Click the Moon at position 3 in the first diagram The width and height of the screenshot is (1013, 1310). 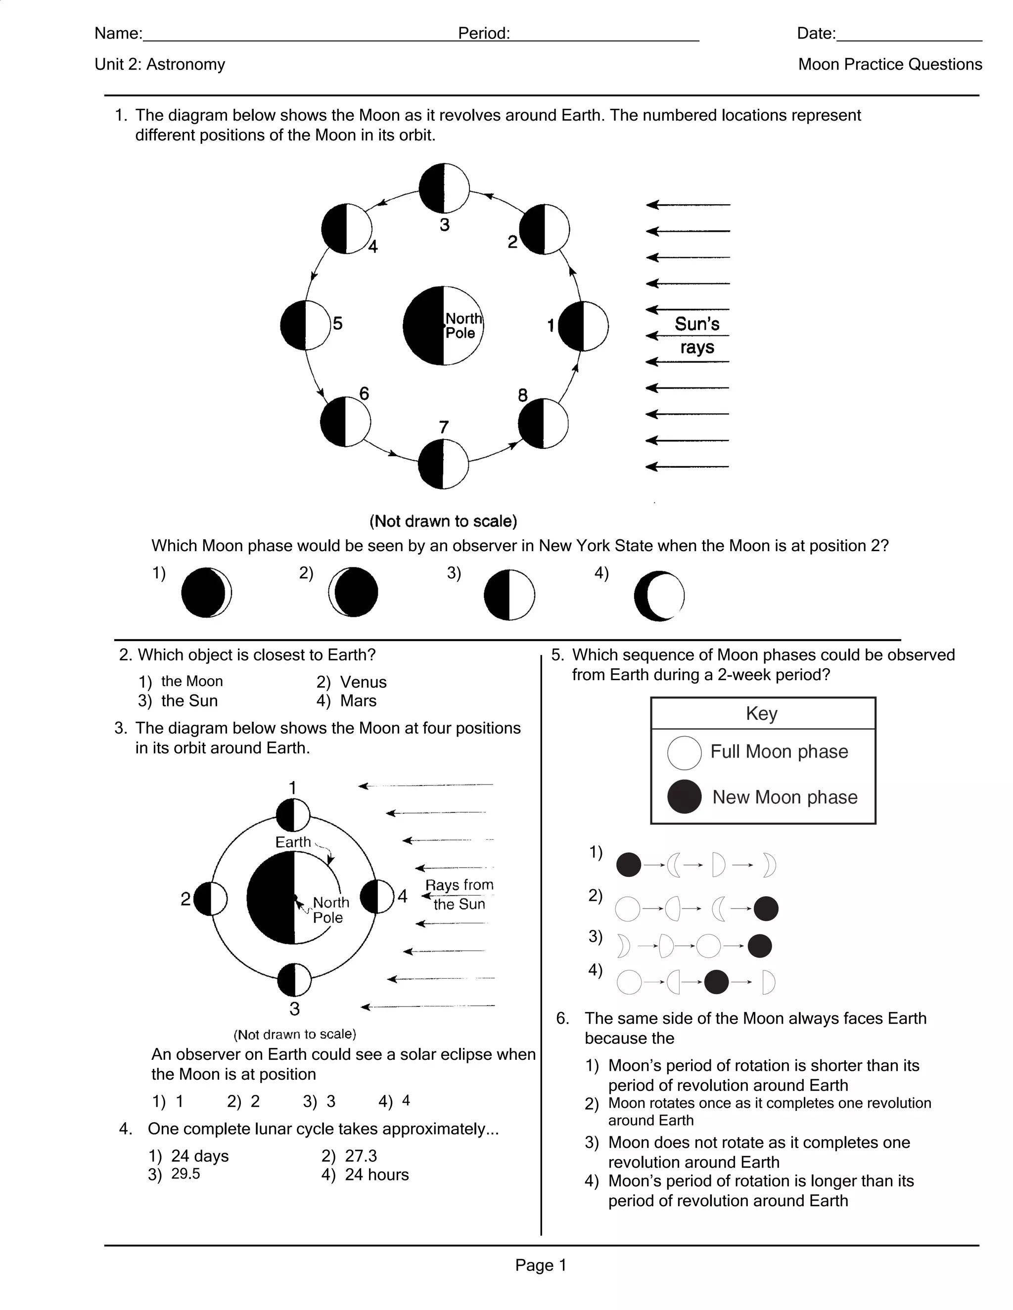pyautogui.click(x=444, y=188)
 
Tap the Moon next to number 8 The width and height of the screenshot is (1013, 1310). pyautogui.click(x=543, y=424)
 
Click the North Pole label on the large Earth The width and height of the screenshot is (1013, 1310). pyautogui.click(x=462, y=326)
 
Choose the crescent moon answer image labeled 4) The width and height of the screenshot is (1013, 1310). pyautogui.click(x=659, y=596)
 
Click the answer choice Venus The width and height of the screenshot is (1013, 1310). pyautogui.click(x=363, y=682)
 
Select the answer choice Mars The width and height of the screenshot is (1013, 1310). pyautogui.click(x=358, y=700)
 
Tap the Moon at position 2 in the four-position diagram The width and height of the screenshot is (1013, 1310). pyautogui.click(x=211, y=899)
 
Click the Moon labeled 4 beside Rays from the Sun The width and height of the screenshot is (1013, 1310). pyautogui.click(x=377, y=897)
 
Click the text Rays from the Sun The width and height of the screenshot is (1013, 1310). pyautogui.click(x=459, y=894)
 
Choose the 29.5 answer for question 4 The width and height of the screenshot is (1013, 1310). pyautogui.click(x=185, y=1174)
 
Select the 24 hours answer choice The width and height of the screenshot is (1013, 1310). pyautogui.click(x=376, y=1175)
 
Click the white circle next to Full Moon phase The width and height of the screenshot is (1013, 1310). pyautogui.click(x=684, y=753)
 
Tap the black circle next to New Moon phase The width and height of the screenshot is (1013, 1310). pyautogui.click(x=684, y=796)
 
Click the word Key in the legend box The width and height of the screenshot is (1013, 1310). pyautogui.click(x=762, y=714)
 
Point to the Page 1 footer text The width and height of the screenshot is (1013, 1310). pyautogui.click(x=540, y=1265)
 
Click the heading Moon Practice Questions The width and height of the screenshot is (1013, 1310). pyautogui.click(x=889, y=65)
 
